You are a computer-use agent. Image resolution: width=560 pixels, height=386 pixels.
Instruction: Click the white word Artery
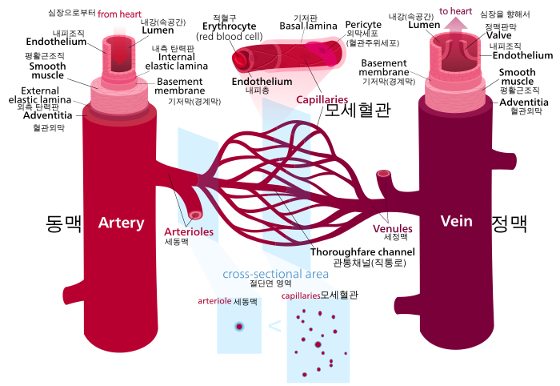[121, 223]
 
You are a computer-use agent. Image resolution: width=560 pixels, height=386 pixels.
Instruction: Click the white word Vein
[456, 221]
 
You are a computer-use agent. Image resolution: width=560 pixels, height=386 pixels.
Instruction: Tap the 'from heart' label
[120, 14]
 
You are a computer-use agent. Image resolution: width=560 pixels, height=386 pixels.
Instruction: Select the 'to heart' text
[455, 11]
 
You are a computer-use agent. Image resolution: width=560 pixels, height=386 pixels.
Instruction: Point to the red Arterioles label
[189, 232]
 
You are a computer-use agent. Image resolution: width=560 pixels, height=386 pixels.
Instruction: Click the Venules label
[393, 229]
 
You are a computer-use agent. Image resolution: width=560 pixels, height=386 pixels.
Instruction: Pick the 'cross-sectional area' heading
[276, 274]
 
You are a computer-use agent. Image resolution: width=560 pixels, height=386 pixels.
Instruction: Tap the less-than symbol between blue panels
[274, 326]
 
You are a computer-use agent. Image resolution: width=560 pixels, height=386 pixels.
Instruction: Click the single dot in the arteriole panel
[238, 326]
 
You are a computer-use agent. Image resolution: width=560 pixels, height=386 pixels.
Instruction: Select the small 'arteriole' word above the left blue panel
[214, 301]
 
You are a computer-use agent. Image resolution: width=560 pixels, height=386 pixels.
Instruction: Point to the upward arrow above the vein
[456, 23]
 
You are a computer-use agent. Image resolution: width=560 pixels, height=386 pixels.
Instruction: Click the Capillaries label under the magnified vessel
[322, 100]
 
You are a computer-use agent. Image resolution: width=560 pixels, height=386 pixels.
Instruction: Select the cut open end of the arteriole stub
[195, 215]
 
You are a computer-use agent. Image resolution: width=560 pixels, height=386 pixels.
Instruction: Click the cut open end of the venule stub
[384, 174]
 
